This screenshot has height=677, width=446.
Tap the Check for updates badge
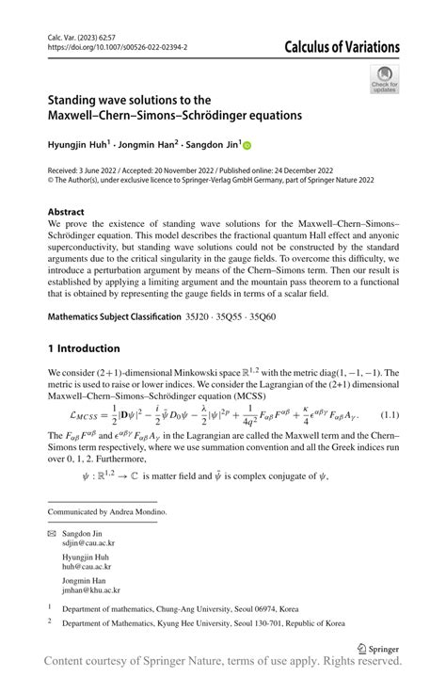click(384, 79)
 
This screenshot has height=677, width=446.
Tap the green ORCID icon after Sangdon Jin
click(247, 145)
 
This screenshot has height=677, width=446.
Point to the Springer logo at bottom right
click(377, 649)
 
